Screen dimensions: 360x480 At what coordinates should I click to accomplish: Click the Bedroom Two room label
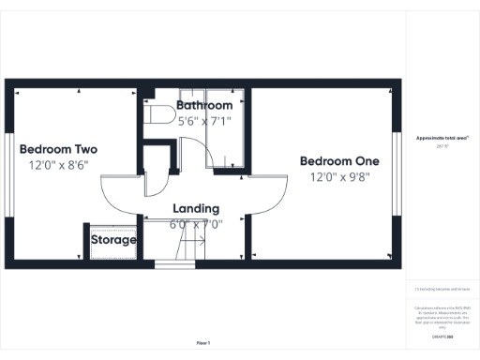point(58,149)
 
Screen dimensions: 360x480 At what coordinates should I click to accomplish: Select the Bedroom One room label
point(339,161)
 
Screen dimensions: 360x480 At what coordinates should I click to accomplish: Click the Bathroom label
point(203,106)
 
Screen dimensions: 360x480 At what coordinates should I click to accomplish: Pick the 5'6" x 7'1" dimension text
point(203,120)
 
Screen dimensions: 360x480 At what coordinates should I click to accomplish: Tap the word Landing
point(196,208)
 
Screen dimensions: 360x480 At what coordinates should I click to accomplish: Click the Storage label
point(113,240)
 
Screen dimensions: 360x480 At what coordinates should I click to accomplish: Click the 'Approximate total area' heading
point(442,138)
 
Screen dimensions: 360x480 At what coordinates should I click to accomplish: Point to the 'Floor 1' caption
point(203,343)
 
